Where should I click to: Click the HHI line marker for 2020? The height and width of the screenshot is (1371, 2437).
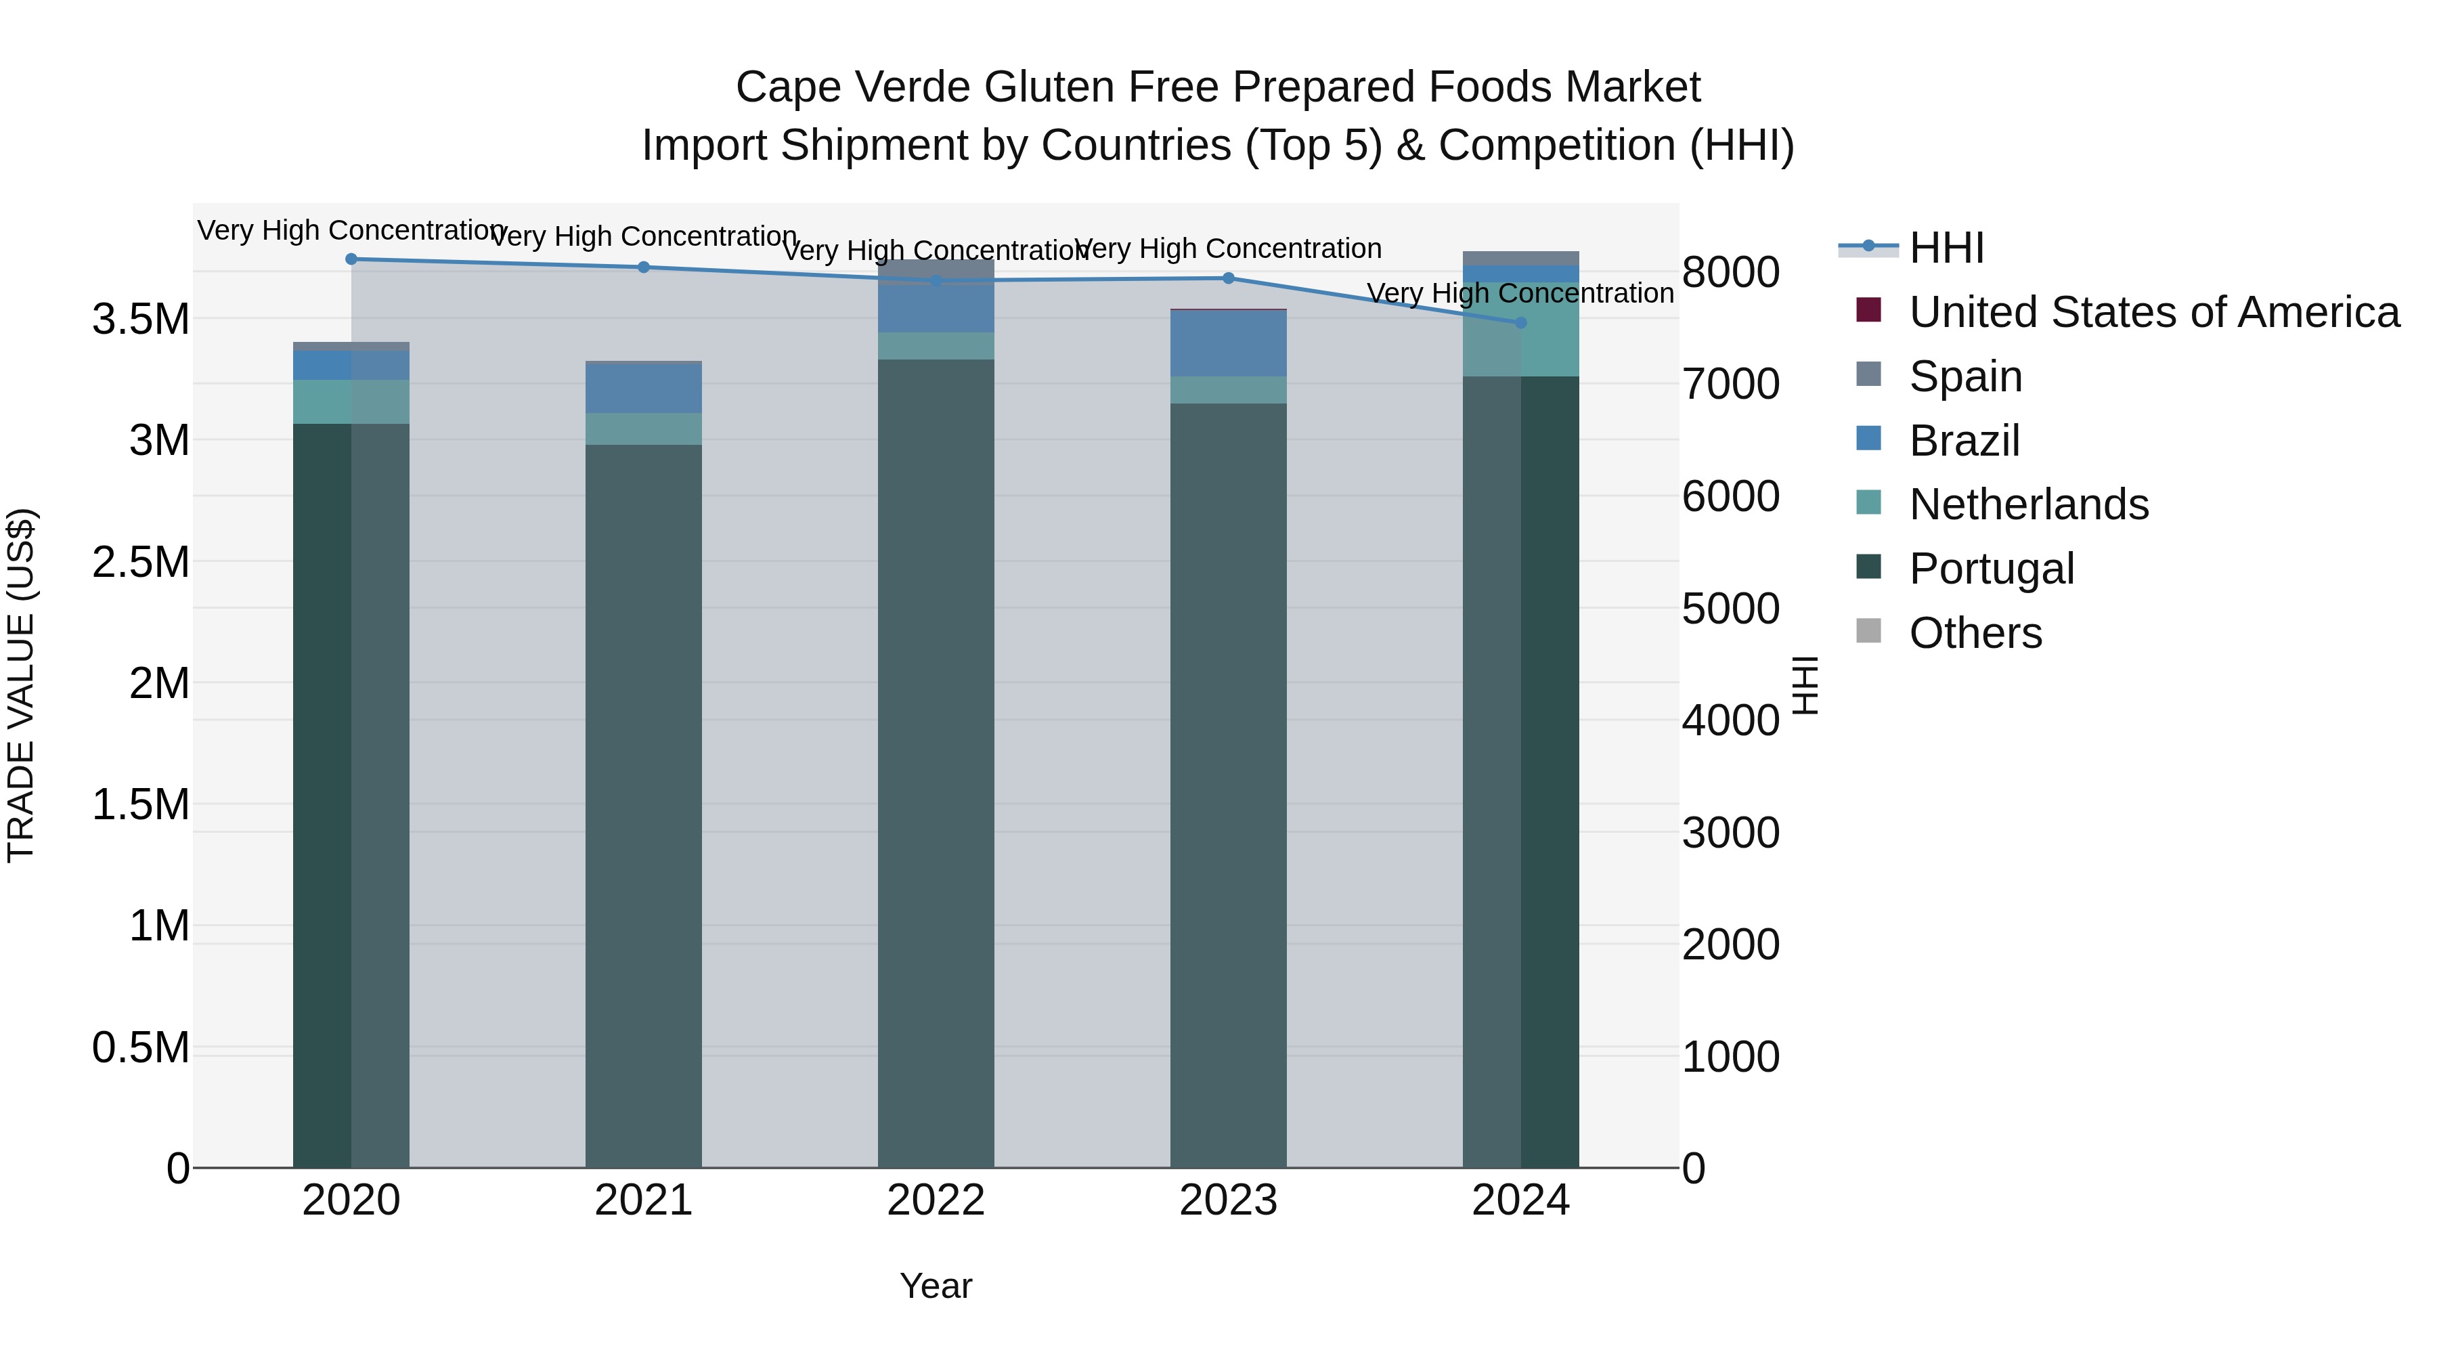tap(351, 259)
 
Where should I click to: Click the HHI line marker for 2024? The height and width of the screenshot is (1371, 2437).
tap(1521, 323)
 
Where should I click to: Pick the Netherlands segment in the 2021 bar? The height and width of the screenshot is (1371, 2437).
tap(643, 429)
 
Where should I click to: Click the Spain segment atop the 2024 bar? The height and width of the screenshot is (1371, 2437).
tap(1521, 259)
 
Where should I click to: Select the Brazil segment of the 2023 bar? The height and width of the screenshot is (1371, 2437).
tap(1228, 343)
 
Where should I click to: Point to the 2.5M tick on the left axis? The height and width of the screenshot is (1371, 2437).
tap(141, 562)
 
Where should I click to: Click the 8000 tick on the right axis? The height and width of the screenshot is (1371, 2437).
tap(1730, 272)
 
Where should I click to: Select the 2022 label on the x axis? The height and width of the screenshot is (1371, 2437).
tap(936, 1200)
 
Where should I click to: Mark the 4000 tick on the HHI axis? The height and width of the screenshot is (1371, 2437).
tap(1730, 720)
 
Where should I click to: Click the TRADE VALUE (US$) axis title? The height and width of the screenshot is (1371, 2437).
tap(21, 685)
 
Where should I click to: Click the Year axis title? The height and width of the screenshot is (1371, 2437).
tap(936, 1286)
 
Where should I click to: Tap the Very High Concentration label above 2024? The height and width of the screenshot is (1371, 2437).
tap(1520, 293)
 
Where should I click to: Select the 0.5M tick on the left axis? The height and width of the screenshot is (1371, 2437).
tap(141, 1048)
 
